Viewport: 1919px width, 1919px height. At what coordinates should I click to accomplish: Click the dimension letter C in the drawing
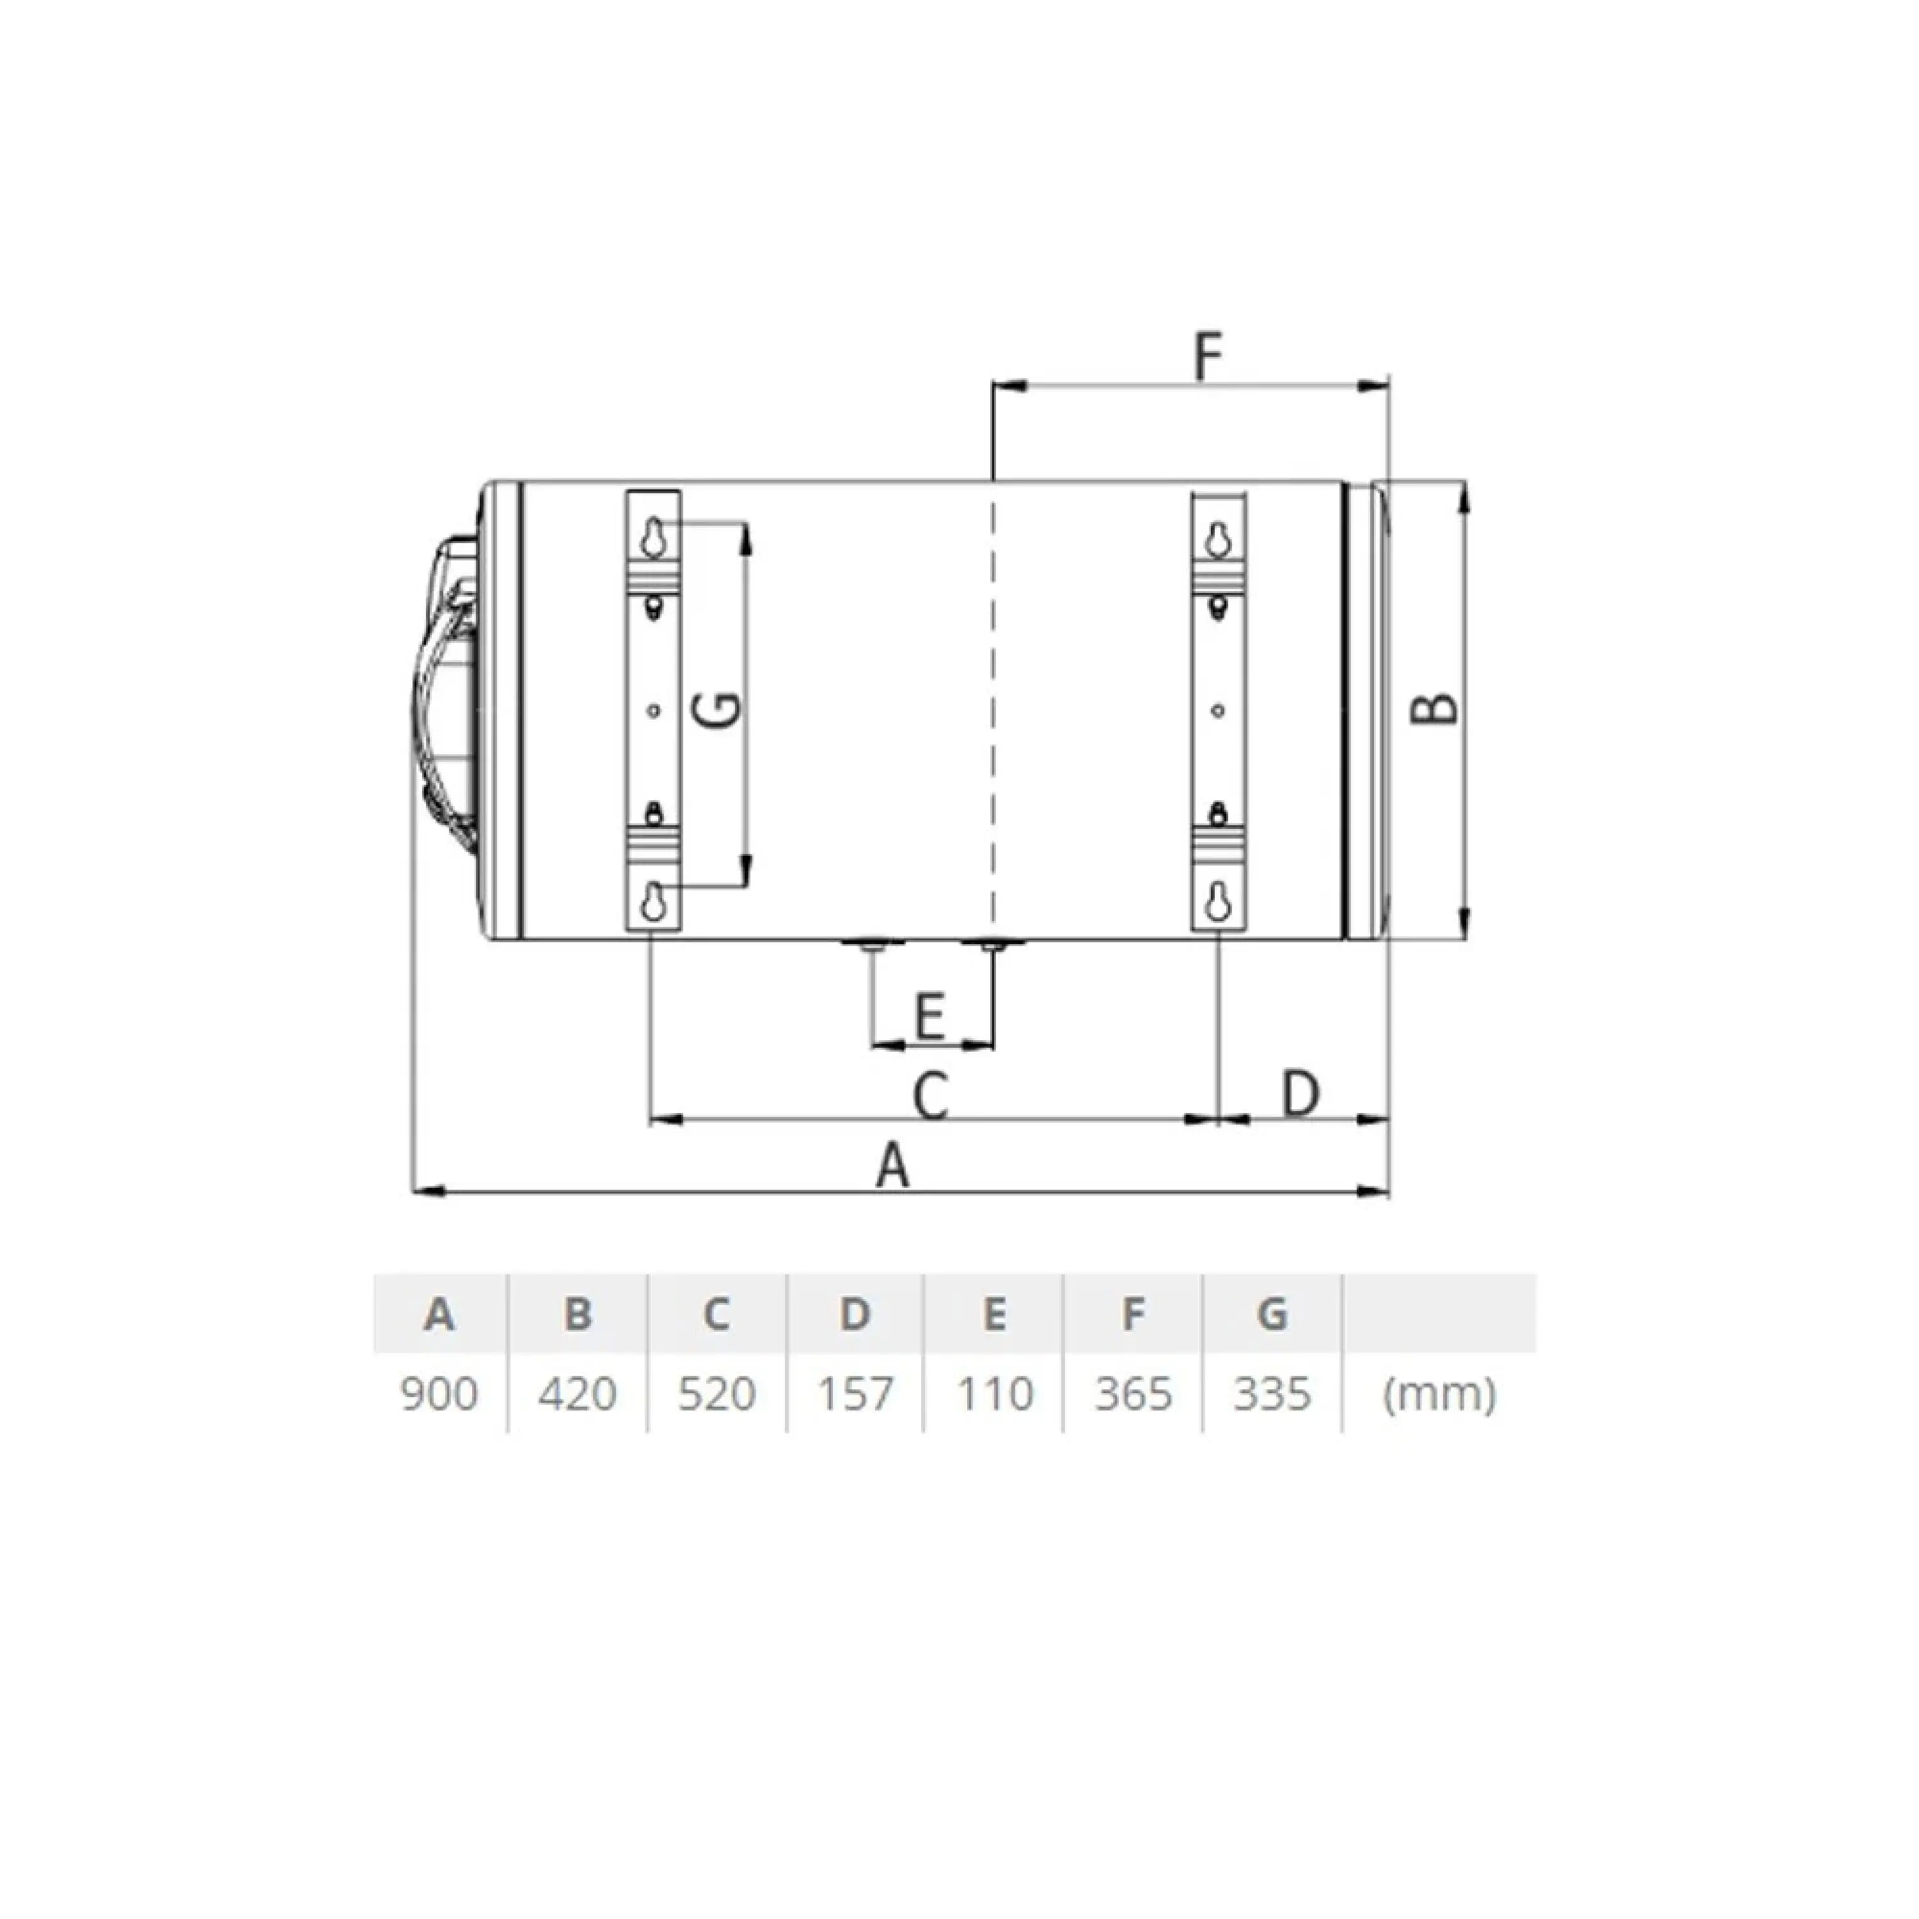(x=931, y=1096)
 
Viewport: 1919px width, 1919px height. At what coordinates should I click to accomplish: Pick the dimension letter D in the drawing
(x=1299, y=1094)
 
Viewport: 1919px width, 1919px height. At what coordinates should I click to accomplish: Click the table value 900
(x=439, y=1394)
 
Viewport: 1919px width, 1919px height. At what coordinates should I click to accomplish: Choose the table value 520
(x=716, y=1394)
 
